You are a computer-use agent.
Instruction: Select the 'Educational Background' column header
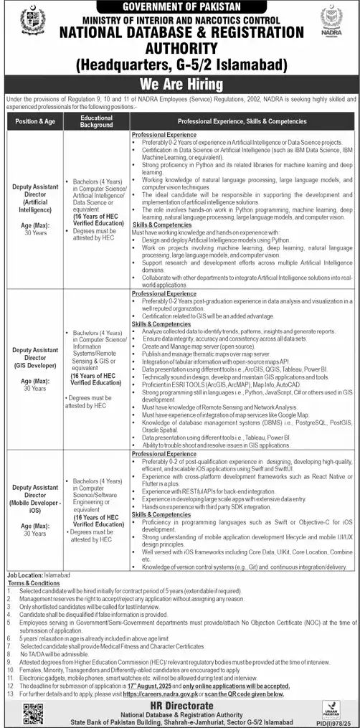(x=96, y=121)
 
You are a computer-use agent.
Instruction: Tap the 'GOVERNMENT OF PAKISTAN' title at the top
(x=179, y=6)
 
